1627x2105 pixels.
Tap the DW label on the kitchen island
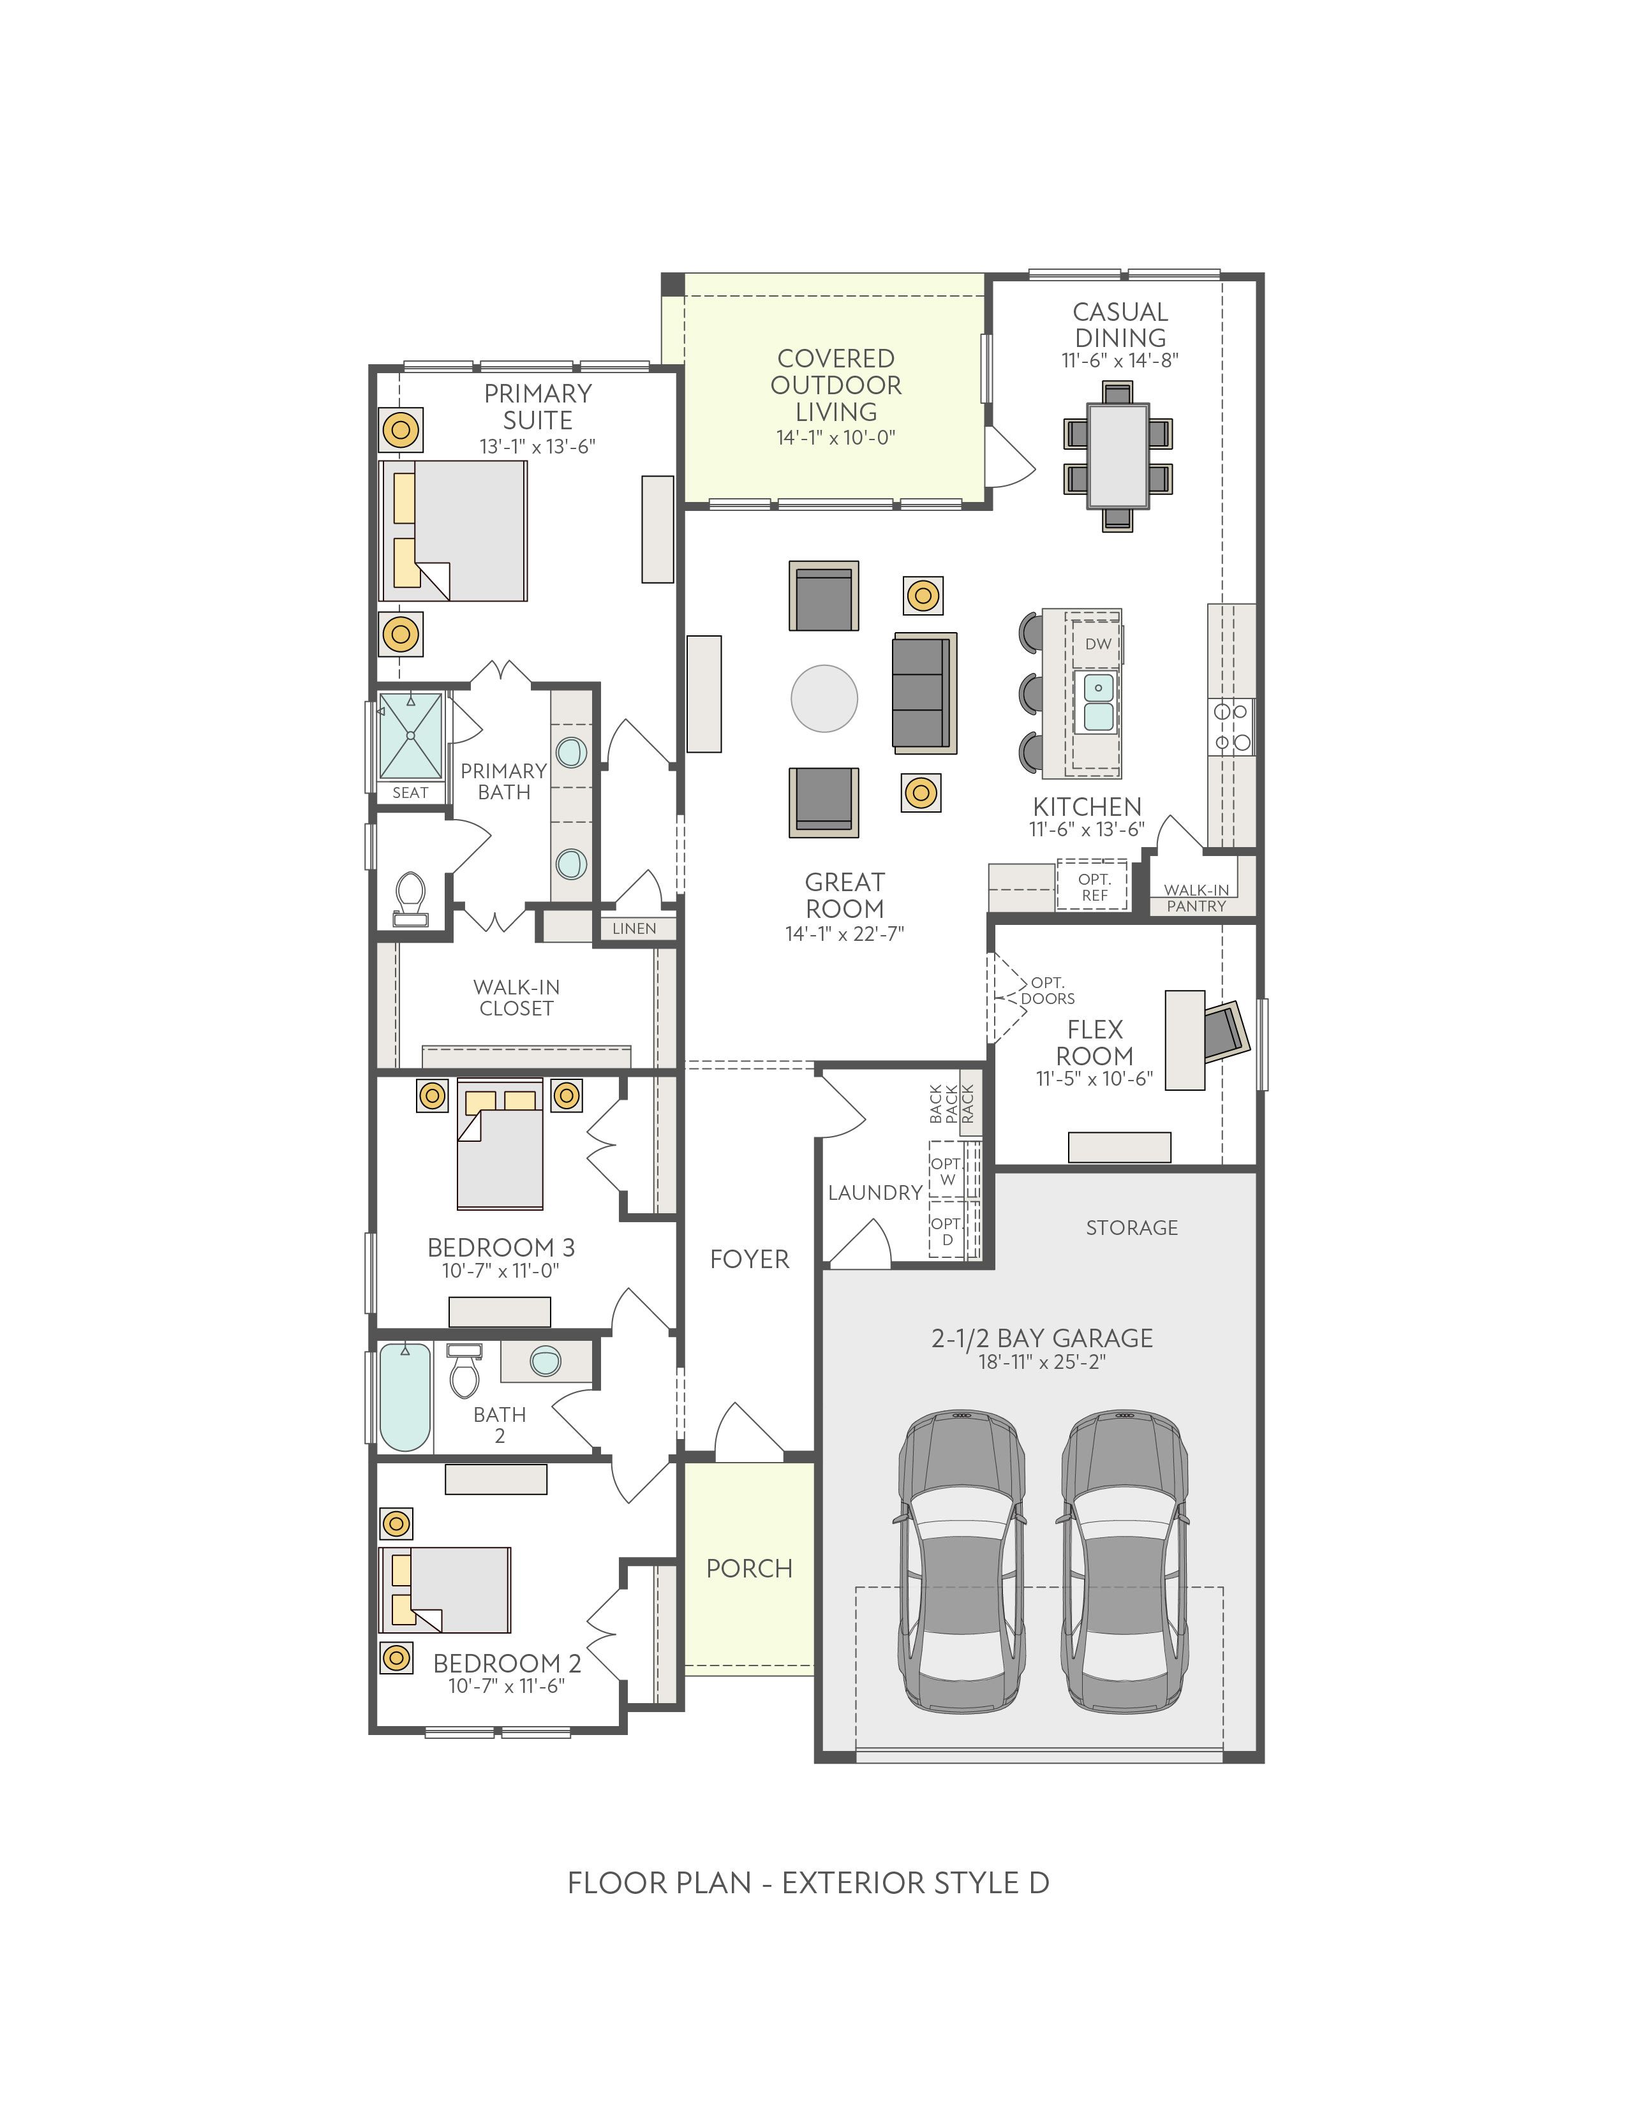click(1098, 644)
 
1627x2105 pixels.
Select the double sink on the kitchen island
click(1098, 702)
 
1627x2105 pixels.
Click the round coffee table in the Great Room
click(824, 698)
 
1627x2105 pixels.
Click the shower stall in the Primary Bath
click(411, 736)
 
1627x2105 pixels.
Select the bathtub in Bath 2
click(404, 1396)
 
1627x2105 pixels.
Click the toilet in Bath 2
click(464, 1371)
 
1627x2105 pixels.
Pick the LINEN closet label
click(634, 928)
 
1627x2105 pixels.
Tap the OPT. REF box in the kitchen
click(1094, 885)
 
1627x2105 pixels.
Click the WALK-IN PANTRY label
click(1196, 897)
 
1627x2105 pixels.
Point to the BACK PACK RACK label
click(951, 1104)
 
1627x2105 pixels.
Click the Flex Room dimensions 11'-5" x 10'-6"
click(1094, 1079)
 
